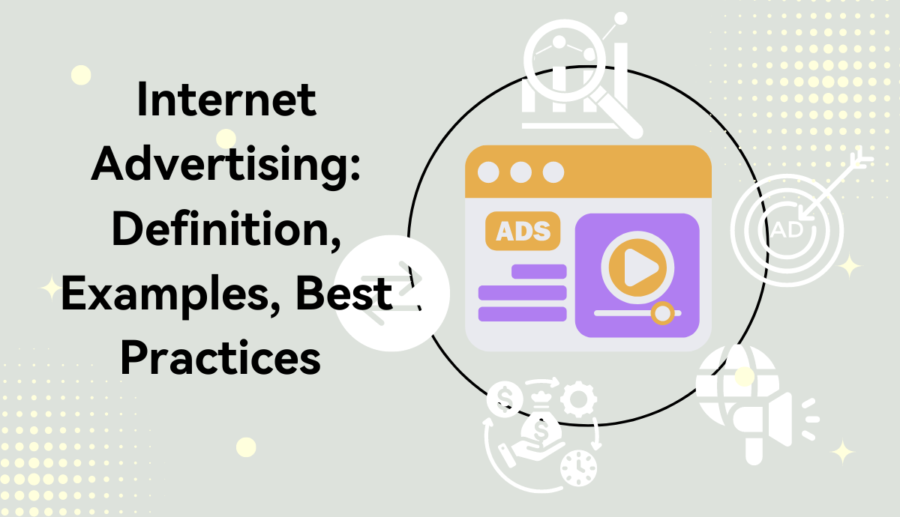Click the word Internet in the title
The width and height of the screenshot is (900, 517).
(x=226, y=101)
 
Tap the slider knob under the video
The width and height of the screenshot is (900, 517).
(x=662, y=312)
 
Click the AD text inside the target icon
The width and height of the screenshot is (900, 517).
(x=784, y=229)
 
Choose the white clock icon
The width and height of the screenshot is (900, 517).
(x=578, y=467)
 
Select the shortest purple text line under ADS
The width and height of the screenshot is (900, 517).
(x=538, y=271)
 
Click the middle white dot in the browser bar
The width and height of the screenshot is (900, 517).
(x=520, y=172)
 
